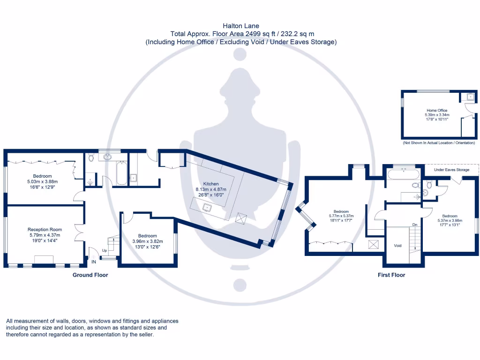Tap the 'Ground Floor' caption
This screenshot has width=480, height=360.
click(90, 275)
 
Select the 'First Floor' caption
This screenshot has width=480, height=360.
click(391, 275)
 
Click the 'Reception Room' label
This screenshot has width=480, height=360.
click(45, 230)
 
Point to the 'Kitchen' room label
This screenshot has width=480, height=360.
click(211, 184)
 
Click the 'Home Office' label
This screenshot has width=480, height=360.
click(436, 111)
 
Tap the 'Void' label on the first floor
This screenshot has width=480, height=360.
click(397, 246)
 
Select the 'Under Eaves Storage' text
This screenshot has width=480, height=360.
click(451, 170)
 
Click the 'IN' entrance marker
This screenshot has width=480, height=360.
click(94, 262)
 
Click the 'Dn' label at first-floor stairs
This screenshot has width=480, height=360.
click(415, 225)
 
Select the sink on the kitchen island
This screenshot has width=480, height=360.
click(207, 206)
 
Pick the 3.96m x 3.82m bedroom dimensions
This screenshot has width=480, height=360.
click(147, 241)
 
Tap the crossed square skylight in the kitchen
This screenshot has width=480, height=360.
click(241, 218)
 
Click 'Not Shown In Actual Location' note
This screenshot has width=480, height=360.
click(438, 143)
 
